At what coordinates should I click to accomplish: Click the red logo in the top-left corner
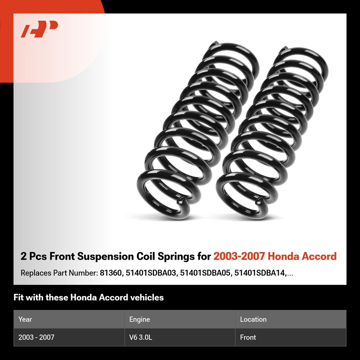coord(39,29)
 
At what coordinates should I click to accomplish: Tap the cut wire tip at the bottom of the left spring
coord(181,202)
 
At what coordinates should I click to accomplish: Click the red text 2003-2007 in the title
coord(239,256)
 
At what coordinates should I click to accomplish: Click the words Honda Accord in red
coord(302,256)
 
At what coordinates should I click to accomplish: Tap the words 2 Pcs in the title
coord(33,256)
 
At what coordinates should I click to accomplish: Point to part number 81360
coord(110,273)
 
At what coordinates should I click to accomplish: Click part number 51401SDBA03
coord(151,273)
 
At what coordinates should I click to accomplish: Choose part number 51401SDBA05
coord(205,273)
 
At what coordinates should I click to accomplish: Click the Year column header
coord(25,319)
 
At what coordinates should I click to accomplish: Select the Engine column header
coord(139,319)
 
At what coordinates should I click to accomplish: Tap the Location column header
coord(253,319)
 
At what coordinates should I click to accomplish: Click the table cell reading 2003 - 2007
coord(36,337)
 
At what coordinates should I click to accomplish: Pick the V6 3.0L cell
coord(140,337)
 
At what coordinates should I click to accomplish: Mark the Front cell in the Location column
coord(248,337)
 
